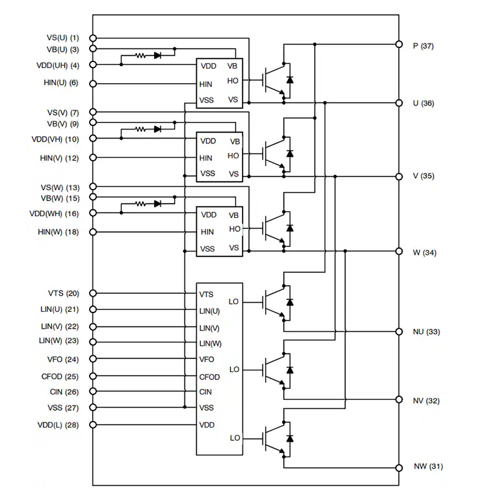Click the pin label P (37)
[423, 46]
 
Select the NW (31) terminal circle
[399, 467]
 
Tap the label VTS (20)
[63, 294]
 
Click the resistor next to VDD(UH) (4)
[140, 55]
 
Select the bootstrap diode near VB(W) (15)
[158, 204]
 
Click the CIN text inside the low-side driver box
[206, 392]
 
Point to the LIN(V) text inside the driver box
[210, 328]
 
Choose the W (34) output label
[424, 252]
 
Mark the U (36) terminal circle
[399, 103]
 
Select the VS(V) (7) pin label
[63, 113]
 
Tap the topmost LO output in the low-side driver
[235, 301]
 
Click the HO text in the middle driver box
[233, 155]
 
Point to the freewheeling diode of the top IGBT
[290, 79]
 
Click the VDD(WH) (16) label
[54, 214]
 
